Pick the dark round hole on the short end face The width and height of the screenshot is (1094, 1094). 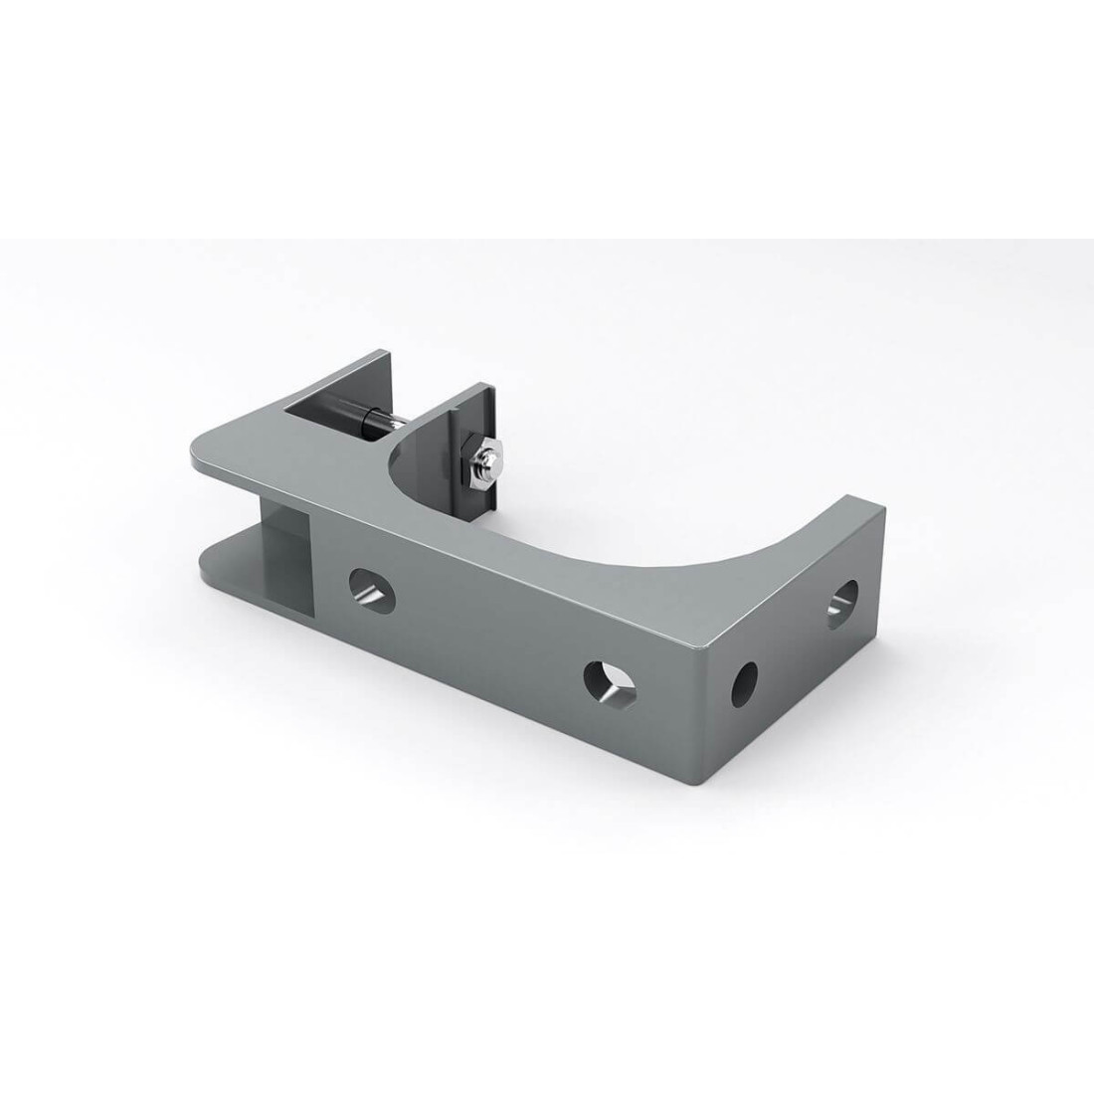tap(744, 683)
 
